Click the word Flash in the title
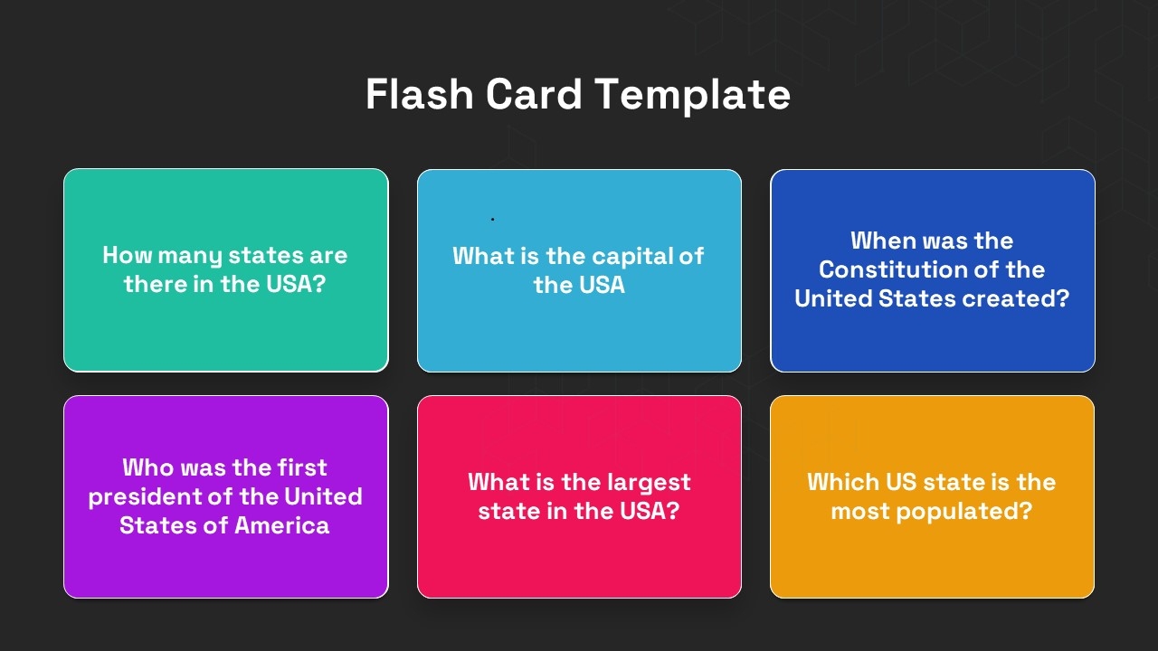point(419,94)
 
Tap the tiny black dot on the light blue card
point(492,219)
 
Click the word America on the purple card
point(281,525)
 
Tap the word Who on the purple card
point(147,467)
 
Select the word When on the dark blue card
point(882,241)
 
